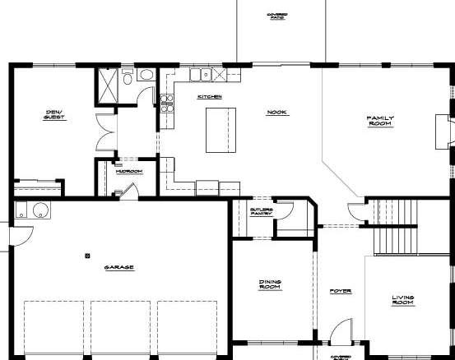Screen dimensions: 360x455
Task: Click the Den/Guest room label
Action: tap(54, 116)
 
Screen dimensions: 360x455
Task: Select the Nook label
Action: tap(275, 113)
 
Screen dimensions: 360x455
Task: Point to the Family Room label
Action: tap(380, 121)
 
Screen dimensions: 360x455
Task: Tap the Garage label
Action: tap(119, 267)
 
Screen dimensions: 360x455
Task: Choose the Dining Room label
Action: tap(271, 285)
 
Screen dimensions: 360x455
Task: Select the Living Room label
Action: tap(402, 300)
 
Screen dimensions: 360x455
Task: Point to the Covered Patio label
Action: tap(276, 16)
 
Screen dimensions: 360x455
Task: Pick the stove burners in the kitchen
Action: tap(165, 103)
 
